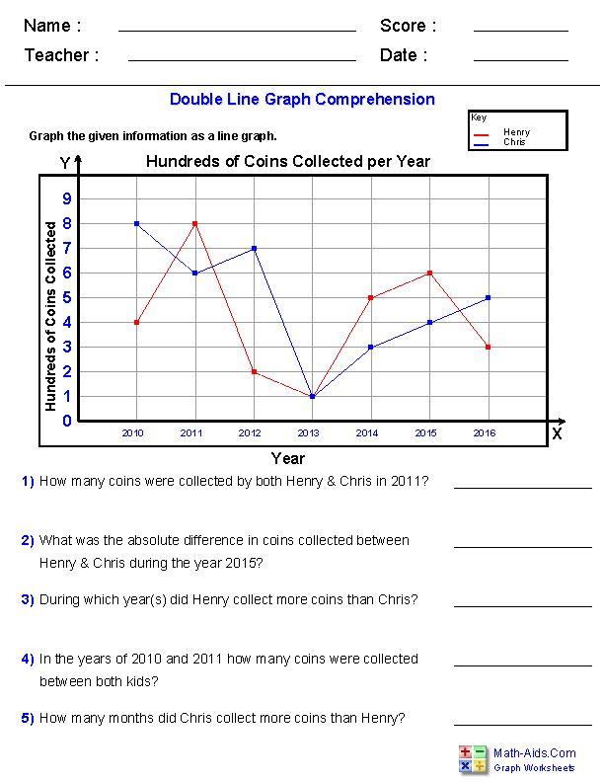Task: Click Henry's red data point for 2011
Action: (195, 223)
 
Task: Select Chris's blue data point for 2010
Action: (136, 223)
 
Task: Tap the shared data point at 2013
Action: (313, 396)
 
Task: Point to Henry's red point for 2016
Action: (488, 347)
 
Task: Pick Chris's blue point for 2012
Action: (255, 248)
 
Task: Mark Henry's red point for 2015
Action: (429, 273)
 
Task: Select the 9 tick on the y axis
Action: (67, 198)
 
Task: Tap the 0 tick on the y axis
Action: (67, 422)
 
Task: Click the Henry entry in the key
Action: (515, 132)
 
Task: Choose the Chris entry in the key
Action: (513, 142)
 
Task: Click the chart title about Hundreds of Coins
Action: (288, 161)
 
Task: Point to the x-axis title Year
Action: (288, 458)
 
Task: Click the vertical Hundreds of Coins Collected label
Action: (51, 316)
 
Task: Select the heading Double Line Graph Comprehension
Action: (302, 99)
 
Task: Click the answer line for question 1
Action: (508, 486)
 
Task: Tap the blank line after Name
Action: (237, 30)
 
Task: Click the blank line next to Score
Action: (520, 30)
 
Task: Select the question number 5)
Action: (28, 719)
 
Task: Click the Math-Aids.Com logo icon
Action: (473, 758)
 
